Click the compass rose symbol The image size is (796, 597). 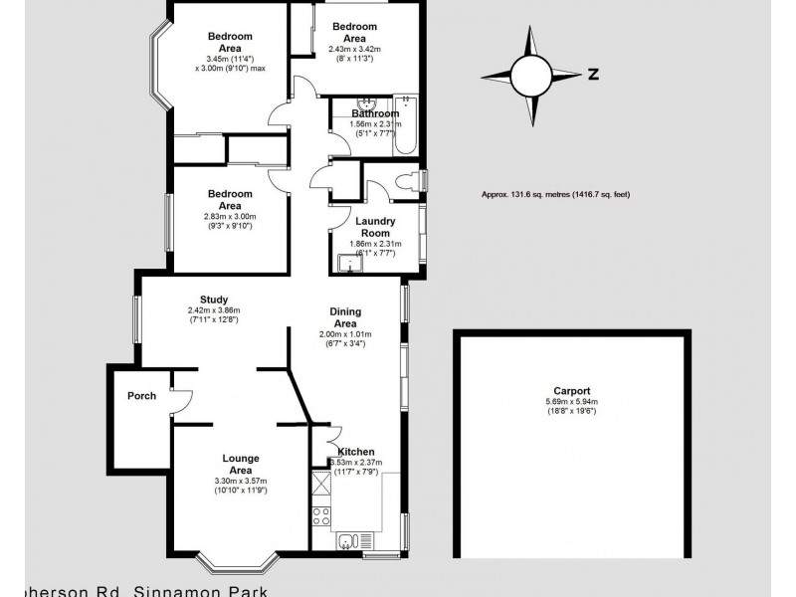pyautogui.click(x=530, y=73)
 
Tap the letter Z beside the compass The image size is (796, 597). pyautogui.click(x=592, y=74)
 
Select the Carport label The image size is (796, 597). pyautogui.click(x=573, y=391)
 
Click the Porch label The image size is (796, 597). pyautogui.click(x=141, y=396)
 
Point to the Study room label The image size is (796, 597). pyautogui.click(x=214, y=299)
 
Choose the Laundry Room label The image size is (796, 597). pyautogui.click(x=374, y=227)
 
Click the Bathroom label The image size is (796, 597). pyautogui.click(x=375, y=113)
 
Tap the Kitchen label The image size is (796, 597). pyautogui.click(x=356, y=452)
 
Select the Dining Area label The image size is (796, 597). pyautogui.click(x=344, y=317)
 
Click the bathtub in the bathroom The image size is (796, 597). pyautogui.click(x=406, y=126)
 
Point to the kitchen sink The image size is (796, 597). pyautogui.click(x=347, y=541)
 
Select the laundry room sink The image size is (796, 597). pyautogui.click(x=345, y=264)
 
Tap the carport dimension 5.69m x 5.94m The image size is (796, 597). pyautogui.click(x=573, y=402)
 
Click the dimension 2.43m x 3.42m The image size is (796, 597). pyautogui.click(x=355, y=49)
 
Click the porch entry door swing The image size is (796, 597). pyautogui.click(x=178, y=400)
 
